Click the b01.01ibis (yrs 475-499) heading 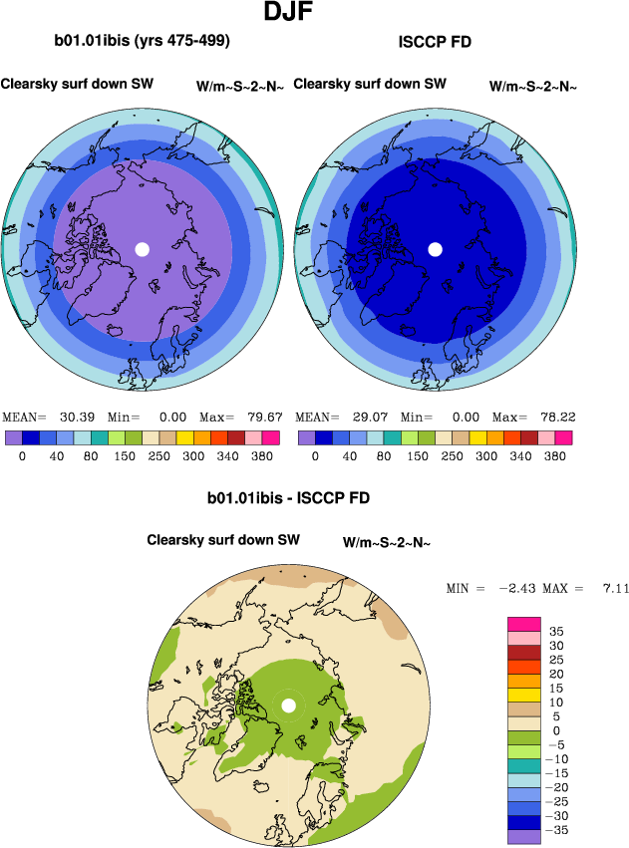pos(143,41)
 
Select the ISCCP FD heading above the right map pos(435,41)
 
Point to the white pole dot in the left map pos(142,249)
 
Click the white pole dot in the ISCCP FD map pos(435,249)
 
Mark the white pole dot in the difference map pos(289,706)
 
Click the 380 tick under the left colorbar pos(263,455)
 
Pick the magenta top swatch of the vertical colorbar pos(524,624)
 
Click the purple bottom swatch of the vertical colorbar pos(524,836)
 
